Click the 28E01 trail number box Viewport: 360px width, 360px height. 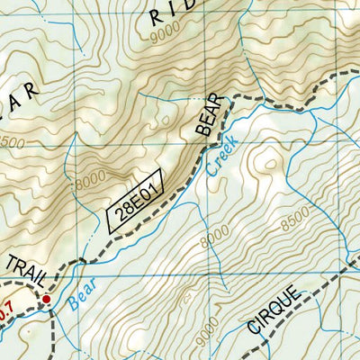(134, 201)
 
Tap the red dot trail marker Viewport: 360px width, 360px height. (46, 299)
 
